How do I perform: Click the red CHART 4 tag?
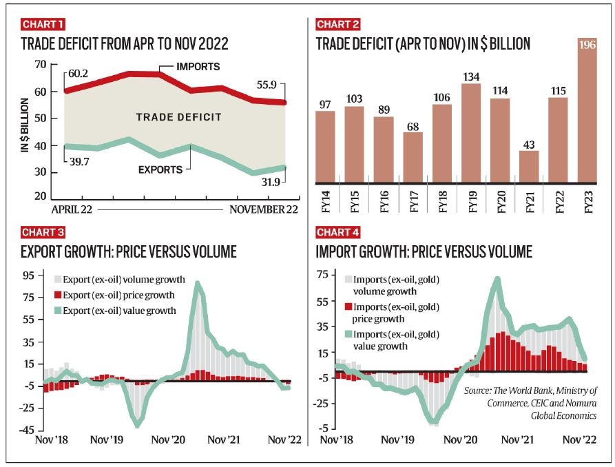(x=337, y=233)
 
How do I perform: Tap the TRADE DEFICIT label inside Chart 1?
(x=178, y=117)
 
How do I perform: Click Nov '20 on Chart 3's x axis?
(x=169, y=439)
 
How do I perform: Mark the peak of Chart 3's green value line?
(x=198, y=283)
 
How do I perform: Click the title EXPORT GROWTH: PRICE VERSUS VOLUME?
(x=128, y=252)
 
